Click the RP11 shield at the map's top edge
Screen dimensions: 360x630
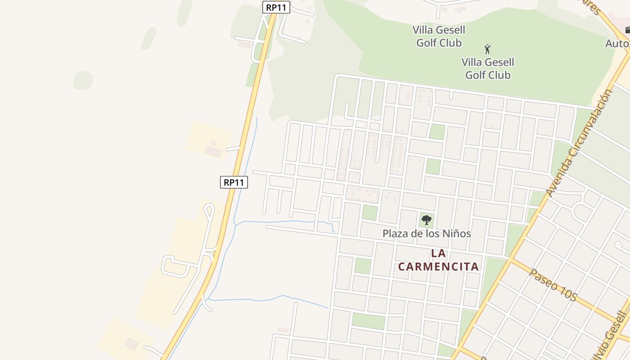pyautogui.click(x=276, y=7)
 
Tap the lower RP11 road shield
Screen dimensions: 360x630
pyautogui.click(x=234, y=182)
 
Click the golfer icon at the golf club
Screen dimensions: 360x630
pyautogui.click(x=487, y=49)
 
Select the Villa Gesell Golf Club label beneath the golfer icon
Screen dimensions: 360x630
pyautogui.click(x=488, y=68)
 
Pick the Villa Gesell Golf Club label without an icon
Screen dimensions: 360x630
pyautogui.click(x=439, y=36)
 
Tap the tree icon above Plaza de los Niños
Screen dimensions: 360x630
pyautogui.click(x=427, y=220)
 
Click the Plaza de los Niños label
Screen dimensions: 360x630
pyautogui.click(x=427, y=233)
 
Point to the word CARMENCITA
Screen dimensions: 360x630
pyautogui.click(x=438, y=266)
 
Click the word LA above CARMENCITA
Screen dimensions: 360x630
pyautogui.click(x=438, y=253)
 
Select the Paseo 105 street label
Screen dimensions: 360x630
pyautogui.click(x=553, y=285)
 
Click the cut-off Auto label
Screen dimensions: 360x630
pyautogui.click(x=617, y=44)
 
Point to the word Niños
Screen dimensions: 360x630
pyautogui.click(x=457, y=233)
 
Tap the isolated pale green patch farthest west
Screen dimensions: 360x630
pyautogui.click(x=83, y=80)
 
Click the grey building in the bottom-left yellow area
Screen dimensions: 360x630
pyautogui.click(x=131, y=344)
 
